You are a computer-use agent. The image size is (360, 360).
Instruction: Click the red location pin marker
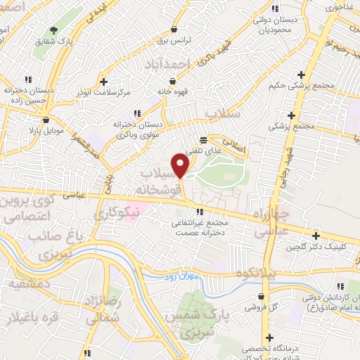click(x=181, y=165)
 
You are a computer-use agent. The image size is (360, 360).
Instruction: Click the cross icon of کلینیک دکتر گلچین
click(x=316, y=236)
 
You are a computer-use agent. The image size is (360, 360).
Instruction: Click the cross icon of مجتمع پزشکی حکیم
click(x=301, y=75)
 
